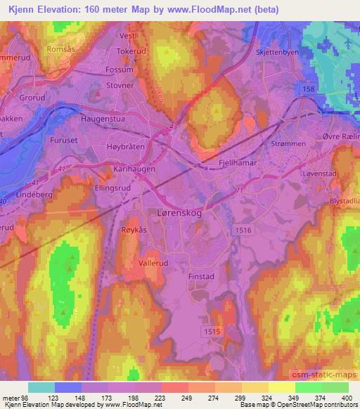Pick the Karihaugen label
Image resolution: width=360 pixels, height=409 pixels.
[x=135, y=169]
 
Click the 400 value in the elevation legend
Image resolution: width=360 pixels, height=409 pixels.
[x=346, y=397]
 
